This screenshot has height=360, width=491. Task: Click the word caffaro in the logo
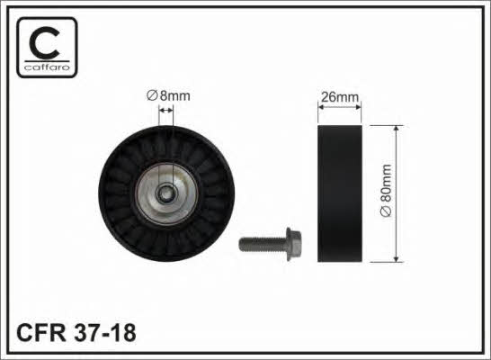(x=47, y=67)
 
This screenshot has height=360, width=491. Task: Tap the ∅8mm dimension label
(x=168, y=96)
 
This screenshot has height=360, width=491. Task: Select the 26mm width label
(x=340, y=97)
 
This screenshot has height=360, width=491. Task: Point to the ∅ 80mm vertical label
(x=386, y=190)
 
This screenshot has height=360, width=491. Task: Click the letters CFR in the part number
(x=41, y=332)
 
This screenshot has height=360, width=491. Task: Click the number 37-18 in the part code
(x=105, y=332)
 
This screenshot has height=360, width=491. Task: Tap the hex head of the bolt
(x=294, y=244)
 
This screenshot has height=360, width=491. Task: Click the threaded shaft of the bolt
(x=263, y=244)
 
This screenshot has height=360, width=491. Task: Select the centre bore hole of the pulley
(x=166, y=194)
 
